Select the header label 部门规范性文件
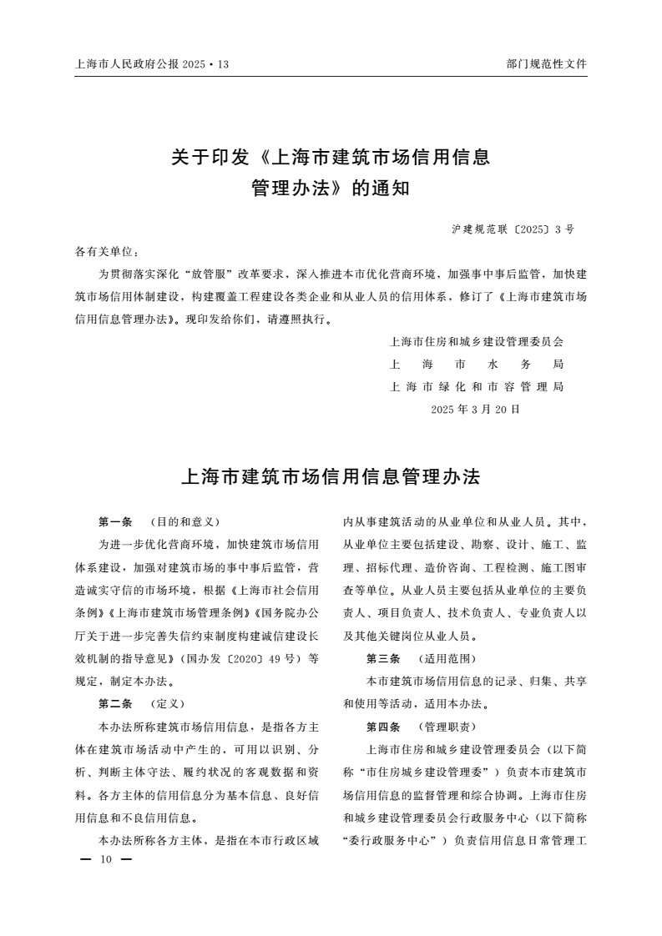click(x=547, y=63)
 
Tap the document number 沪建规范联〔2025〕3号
click(x=513, y=229)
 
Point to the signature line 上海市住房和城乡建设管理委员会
click(x=477, y=342)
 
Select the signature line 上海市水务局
click(x=477, y=365)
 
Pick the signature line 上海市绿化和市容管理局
click(x=477, y=387)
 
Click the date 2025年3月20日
click(x=476, y=410)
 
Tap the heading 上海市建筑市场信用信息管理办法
click(x=331, y=477)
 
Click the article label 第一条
click(x=115, y=522)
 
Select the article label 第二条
click(x=115, y=703)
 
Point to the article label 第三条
click(x=383, y=658)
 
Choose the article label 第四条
click(x=383, y=726)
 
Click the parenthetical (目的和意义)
click(x=184, y=522)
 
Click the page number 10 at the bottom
click(x=106, y=859)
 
